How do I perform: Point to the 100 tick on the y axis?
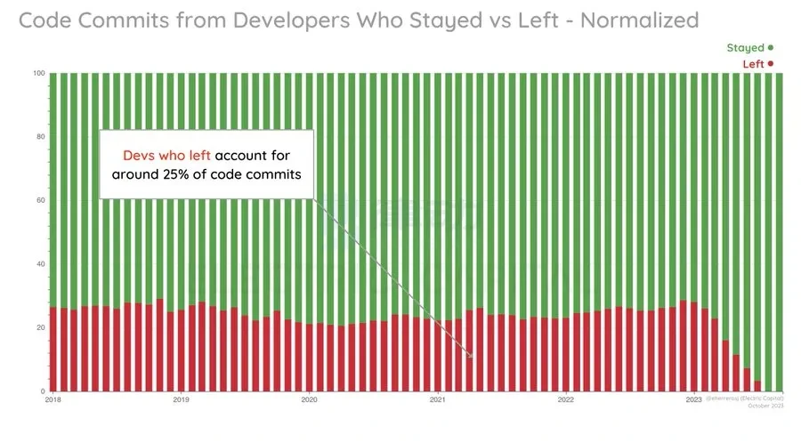38,73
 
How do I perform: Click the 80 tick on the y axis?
40,137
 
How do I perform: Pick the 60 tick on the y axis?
40,200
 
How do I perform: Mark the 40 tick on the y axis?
40,264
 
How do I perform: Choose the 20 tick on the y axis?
40,327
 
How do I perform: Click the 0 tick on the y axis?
43,391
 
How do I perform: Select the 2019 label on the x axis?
181,400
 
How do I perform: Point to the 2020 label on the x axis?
309,400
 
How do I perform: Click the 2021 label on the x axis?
437,400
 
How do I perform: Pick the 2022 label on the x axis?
565,400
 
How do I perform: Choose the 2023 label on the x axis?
694,400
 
